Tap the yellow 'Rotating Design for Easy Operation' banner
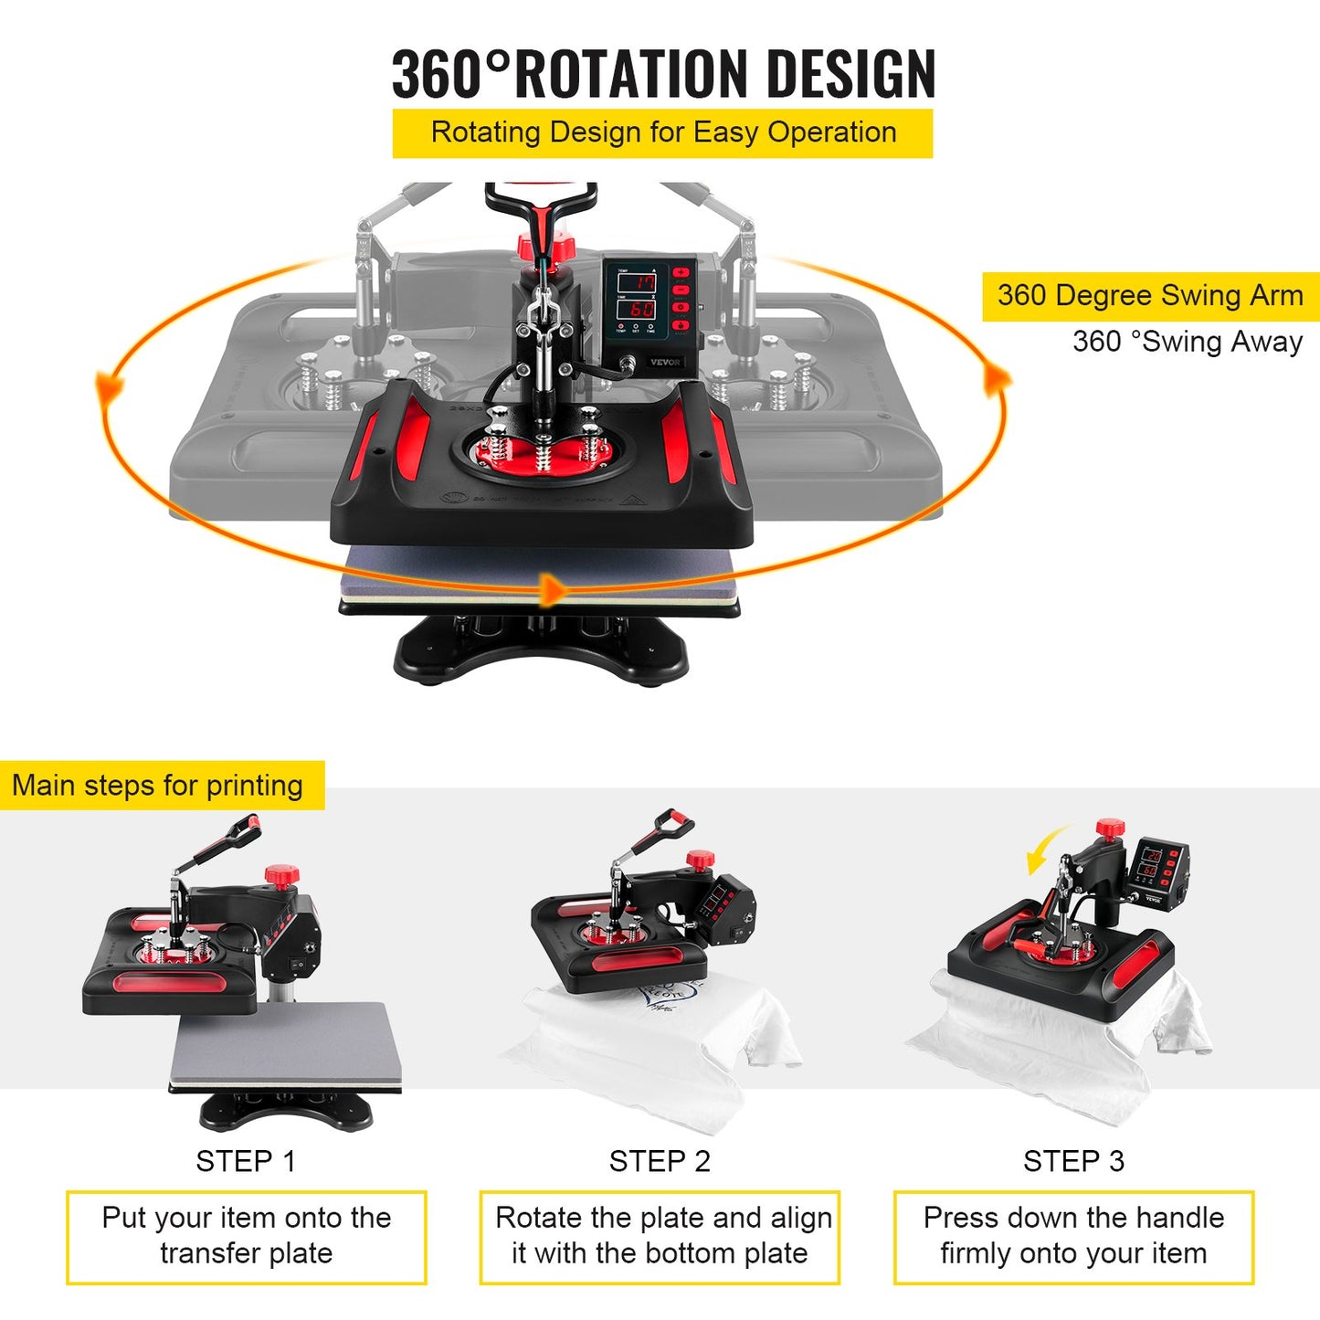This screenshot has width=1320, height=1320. pos(662,133)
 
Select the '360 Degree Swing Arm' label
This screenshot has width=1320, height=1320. pos(1150,296)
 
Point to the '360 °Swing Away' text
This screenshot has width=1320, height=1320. pos(1187,342)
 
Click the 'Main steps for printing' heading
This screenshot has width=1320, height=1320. pos(157,786)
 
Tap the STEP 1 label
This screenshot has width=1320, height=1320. pos(246,1161)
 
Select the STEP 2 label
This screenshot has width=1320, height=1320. pos(660,1161)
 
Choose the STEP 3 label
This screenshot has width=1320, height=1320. pos(1073,1161)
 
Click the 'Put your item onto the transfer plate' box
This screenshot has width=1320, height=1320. pos(246,1236)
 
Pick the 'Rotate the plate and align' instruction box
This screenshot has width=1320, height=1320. pos(660,1236)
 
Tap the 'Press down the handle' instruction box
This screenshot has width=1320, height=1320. pos(1073,1236)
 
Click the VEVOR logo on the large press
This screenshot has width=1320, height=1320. pos(665,362)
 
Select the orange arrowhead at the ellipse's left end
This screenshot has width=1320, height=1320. pos(110,386)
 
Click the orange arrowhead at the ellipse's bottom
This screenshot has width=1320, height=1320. pos(552,589)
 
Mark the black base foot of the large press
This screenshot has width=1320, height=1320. pos(541,650)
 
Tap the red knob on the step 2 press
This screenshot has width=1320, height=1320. pos(700,860)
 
